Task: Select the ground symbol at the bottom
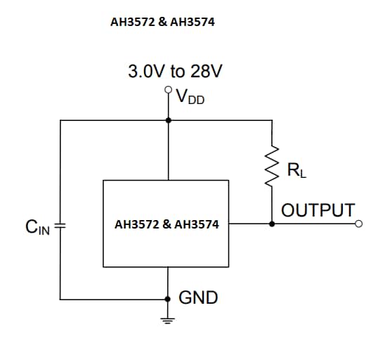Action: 167,323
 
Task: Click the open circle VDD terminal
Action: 167,90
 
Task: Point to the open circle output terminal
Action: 359,224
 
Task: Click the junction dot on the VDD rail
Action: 167,120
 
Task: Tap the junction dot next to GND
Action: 167,298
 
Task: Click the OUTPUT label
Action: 318,210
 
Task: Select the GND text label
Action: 198,297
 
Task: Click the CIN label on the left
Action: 37,227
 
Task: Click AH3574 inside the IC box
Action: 196,225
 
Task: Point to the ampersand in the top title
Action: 162,22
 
